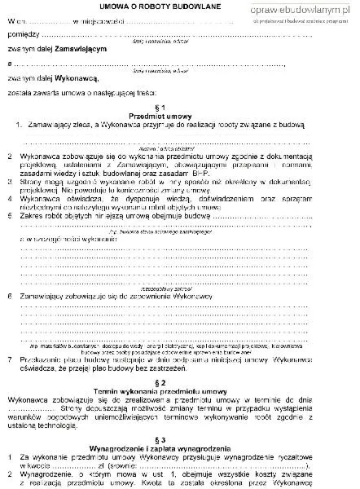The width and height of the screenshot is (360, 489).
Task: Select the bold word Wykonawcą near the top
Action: click(x=75, y=78)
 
